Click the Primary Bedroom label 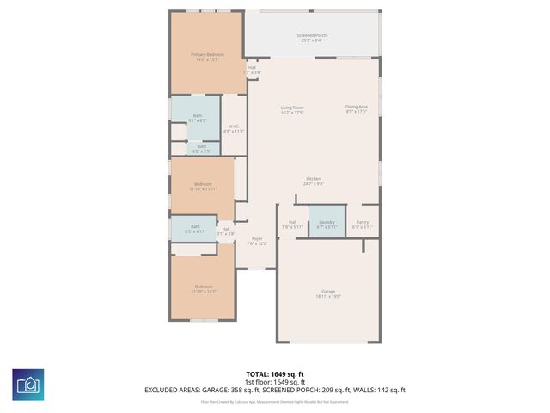tap(206, 57)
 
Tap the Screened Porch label tap(311, 38)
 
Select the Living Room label tap(292, 110)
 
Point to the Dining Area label tap(357, 108)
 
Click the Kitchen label tap(313, 181)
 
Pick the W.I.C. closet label tap(233, 129)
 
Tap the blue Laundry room tap(327, 224)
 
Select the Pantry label tap(363, 224)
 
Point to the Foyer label tap(257, 241)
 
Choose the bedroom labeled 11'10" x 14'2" tap(203, 289)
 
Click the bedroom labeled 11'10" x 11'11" tap(203, 187)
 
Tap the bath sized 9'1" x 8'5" tap(198, 118)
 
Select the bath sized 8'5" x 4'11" tap(195, 229)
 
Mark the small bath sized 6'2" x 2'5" tap(201, 149)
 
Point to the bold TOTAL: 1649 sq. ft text tap(275, 373)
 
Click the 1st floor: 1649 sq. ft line tap(275, 381)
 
